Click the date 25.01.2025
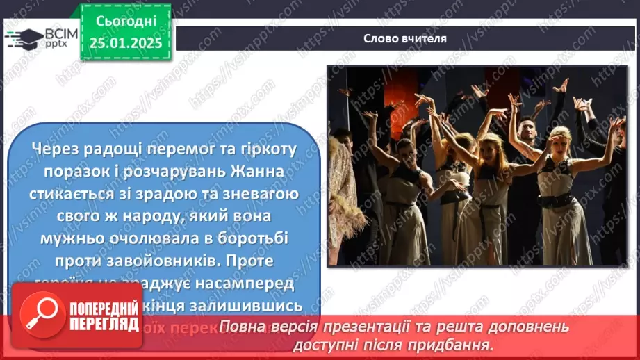[125, 42]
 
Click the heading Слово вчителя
[405, 39]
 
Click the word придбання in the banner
[459, 344]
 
